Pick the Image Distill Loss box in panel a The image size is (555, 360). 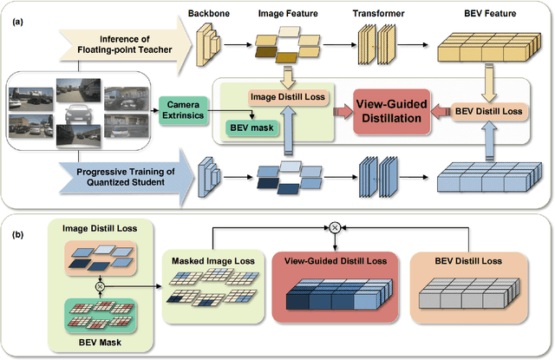(x=287, y=96)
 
